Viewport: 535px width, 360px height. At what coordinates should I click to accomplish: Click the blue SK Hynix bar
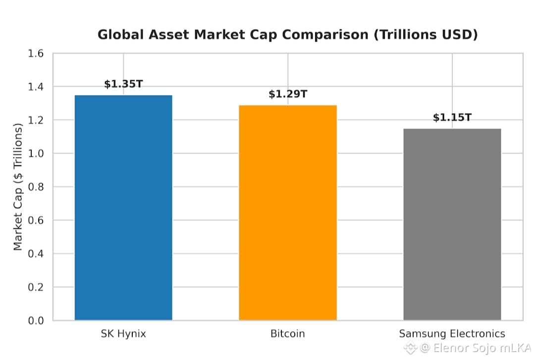(123, 207)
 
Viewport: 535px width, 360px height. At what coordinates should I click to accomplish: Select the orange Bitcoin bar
(288, 212)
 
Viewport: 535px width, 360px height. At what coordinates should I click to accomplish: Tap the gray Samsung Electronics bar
(452, 224)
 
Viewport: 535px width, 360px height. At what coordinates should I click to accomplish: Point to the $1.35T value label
(123, 84)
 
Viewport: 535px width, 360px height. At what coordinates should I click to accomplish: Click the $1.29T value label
(288, 94)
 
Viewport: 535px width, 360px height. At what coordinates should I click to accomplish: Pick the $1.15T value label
(452, 117)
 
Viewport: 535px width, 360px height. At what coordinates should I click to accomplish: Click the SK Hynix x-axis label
(123, 333)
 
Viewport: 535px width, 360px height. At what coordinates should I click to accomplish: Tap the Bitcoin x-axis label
(288, 333)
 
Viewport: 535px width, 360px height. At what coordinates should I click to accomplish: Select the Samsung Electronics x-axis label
(452, 333)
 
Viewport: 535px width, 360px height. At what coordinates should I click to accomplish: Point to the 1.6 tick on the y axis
(36, 53)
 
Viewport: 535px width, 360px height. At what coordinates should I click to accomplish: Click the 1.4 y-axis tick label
(36, 87)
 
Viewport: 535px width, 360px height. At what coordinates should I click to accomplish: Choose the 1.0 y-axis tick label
(36, 154)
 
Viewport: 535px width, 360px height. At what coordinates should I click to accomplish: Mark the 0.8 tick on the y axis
(36, 187)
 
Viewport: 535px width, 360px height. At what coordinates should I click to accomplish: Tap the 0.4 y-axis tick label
(36, 254)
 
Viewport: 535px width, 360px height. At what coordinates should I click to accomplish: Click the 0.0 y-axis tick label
(36, 321)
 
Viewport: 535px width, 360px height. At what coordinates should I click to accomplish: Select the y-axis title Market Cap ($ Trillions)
(18, 187)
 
